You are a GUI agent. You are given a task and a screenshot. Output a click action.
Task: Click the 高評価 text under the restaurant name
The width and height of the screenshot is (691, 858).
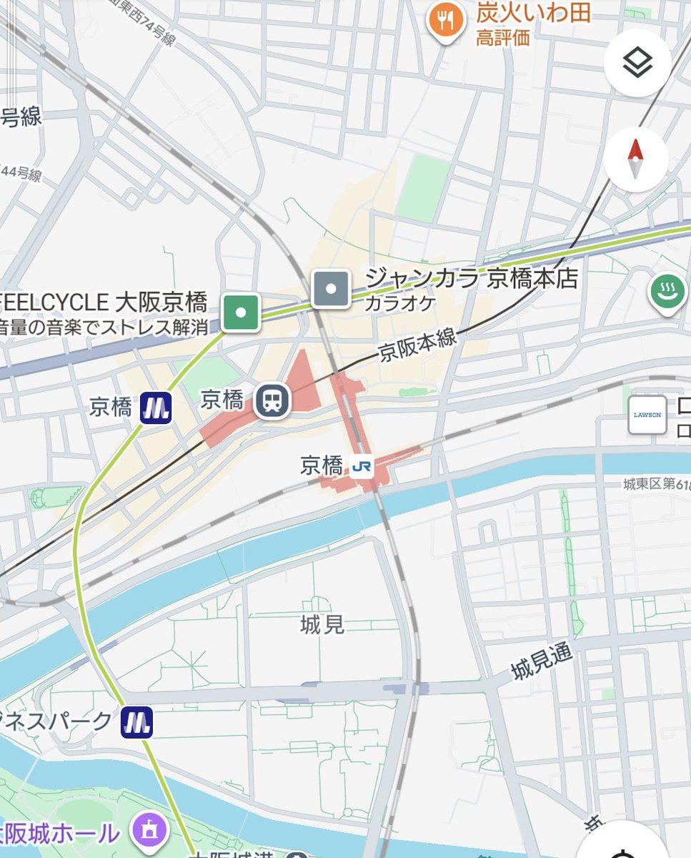click(x=503, y=37)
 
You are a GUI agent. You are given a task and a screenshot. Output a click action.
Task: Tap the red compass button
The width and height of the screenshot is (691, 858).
click(x=636, y=159)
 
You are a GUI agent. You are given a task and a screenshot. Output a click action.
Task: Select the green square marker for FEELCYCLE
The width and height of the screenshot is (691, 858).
click(x=240, y=312)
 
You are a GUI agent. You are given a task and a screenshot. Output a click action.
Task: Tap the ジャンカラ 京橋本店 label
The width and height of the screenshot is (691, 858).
click(x=471, y=278)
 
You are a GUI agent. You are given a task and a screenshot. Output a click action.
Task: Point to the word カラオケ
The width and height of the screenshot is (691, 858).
click(x=399, y=303)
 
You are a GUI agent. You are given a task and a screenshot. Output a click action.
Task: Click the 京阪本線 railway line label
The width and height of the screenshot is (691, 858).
click(x=417, y=345)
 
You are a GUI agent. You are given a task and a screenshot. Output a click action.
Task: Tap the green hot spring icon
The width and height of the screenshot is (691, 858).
click(x=667, y=292)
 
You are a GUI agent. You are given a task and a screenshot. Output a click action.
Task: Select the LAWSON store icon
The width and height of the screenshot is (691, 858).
click(x=647, y=415)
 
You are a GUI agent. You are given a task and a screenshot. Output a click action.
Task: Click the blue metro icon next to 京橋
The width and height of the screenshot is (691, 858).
click(x=155, y=408)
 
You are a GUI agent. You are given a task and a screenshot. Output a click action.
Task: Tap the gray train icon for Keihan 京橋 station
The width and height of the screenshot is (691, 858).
click(x=272, y=400)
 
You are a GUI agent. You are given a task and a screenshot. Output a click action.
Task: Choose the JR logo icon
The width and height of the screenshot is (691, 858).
click(x=362, y=467)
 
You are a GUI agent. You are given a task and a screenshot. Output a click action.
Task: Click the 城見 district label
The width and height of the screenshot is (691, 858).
click(x=322, y=625)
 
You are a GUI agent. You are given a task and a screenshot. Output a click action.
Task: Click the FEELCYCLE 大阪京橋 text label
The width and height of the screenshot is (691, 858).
click(x=104, y=302)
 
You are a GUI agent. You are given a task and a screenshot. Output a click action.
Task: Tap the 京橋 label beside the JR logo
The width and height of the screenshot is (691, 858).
click(x=322, y=467)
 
